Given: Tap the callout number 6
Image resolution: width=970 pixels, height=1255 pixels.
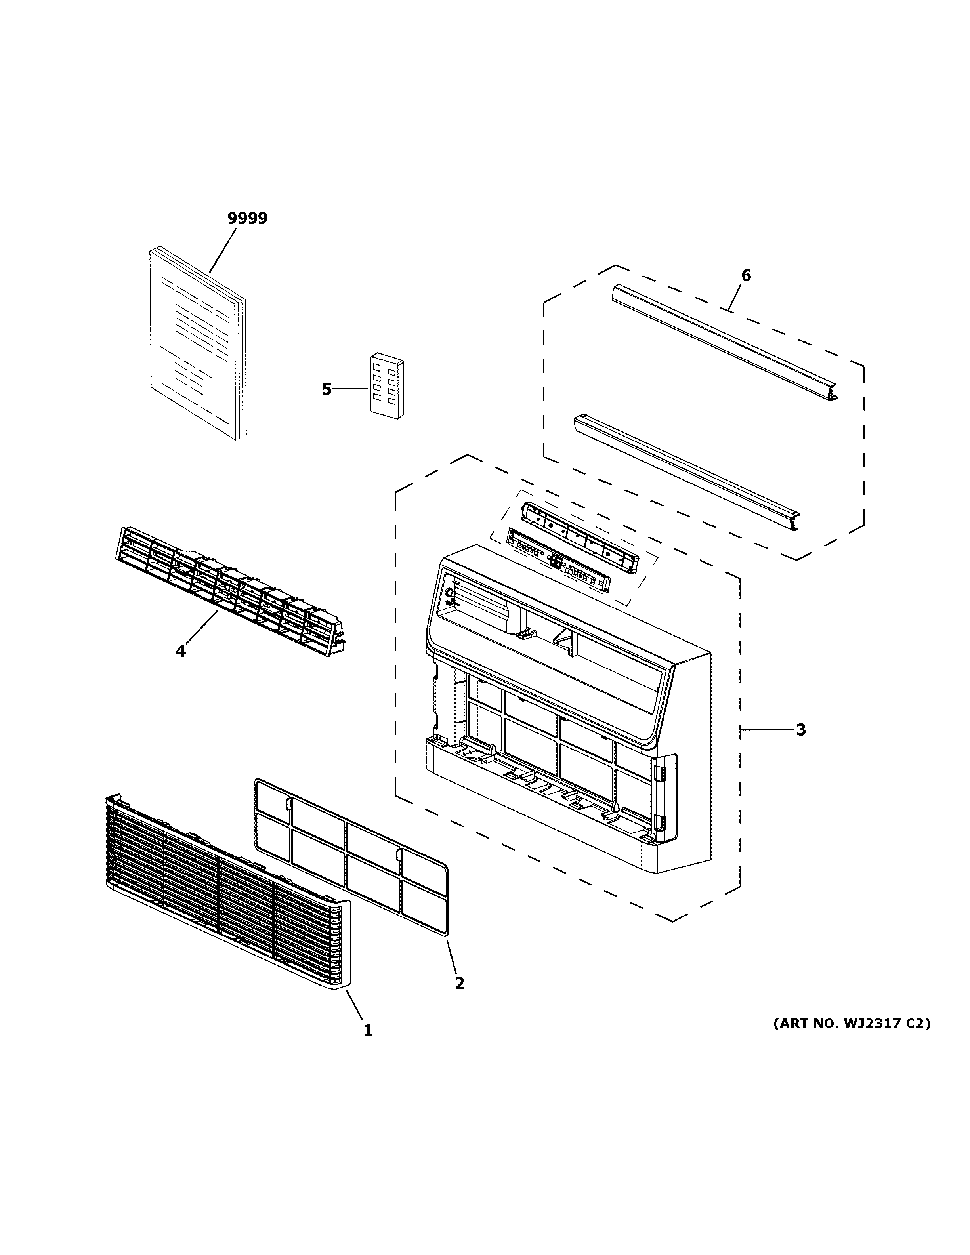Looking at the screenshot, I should tap(746, 275).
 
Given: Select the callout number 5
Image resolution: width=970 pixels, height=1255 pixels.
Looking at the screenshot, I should tap(327, 389).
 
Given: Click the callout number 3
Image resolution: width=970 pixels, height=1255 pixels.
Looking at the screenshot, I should tap(800, 730).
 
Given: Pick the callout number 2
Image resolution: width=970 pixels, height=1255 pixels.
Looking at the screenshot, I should tap(459, 983).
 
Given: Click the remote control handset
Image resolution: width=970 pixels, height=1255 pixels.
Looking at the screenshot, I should tap(386, 386).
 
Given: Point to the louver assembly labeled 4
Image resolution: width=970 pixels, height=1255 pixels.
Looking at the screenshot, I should tap(230, 592).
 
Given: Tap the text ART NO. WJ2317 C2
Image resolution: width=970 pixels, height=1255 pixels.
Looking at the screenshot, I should tap(851, 1023).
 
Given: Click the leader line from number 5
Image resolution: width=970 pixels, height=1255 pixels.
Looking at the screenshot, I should tap(351, 389).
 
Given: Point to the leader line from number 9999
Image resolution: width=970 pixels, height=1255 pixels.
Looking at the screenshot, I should tap(223, 250).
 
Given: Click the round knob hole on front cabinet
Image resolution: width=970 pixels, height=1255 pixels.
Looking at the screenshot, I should tap(449, 592).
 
